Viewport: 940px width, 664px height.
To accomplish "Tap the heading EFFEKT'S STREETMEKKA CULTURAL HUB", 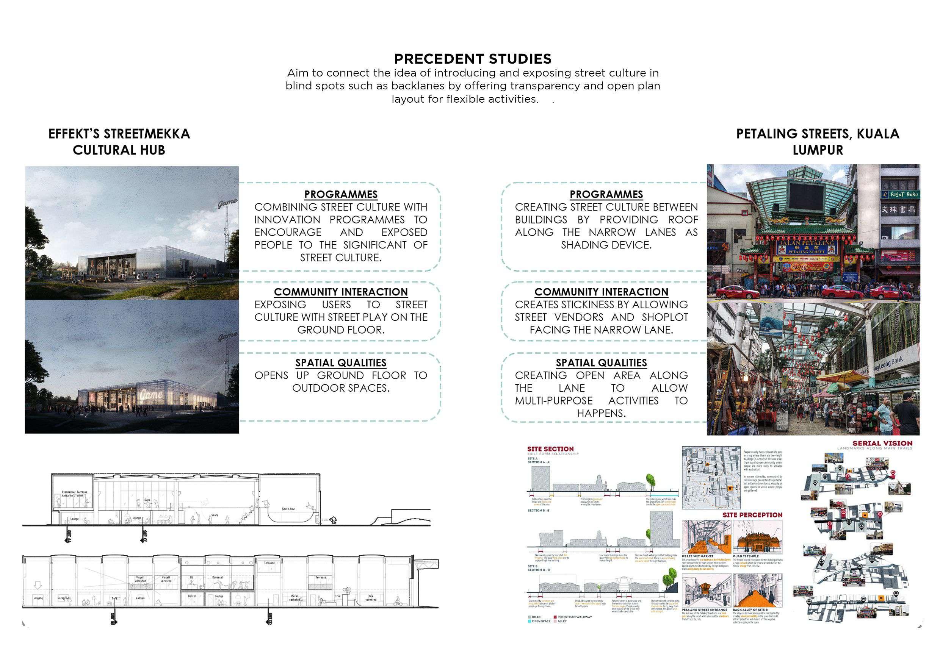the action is coord(119,142).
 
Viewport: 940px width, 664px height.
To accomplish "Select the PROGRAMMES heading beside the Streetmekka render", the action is coord(341,194).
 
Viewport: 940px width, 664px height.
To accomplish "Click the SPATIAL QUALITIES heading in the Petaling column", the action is coord(601,363).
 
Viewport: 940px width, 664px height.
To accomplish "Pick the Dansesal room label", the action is coord(218,577).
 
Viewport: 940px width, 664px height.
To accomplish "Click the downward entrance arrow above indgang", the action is coord(38,584).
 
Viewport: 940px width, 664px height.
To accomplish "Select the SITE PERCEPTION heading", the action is coord(752,515).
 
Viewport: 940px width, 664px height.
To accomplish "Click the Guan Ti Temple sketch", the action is coord(757,537).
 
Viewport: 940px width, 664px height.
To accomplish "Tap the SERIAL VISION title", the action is coord(882,444).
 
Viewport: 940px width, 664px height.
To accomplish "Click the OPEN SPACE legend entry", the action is coord(541,621).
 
